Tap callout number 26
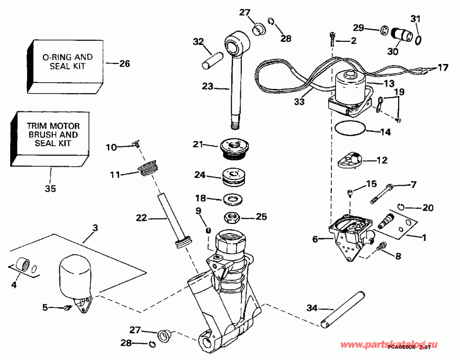[124, 64]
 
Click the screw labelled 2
[332, 38]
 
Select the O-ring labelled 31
[418, 39]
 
